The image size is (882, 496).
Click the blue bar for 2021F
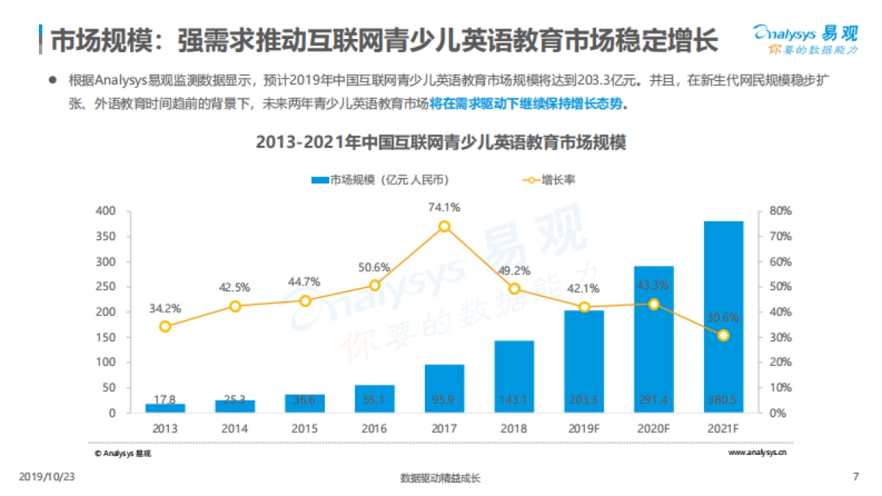point(723,316)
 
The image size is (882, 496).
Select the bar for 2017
point(444,388)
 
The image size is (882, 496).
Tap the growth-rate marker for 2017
point(444,226)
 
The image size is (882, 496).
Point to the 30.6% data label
point(723,318)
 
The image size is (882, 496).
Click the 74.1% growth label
point(444,208)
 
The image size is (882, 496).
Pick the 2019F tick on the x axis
point(584,428)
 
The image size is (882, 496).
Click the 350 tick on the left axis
point(107,237)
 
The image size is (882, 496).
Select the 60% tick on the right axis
point(780,262)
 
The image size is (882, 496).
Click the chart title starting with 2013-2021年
point(440,143)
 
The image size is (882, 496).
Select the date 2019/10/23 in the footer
point(46,477)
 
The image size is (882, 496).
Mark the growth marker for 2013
point(165,326)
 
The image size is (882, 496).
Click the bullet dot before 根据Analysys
point(52,79)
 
